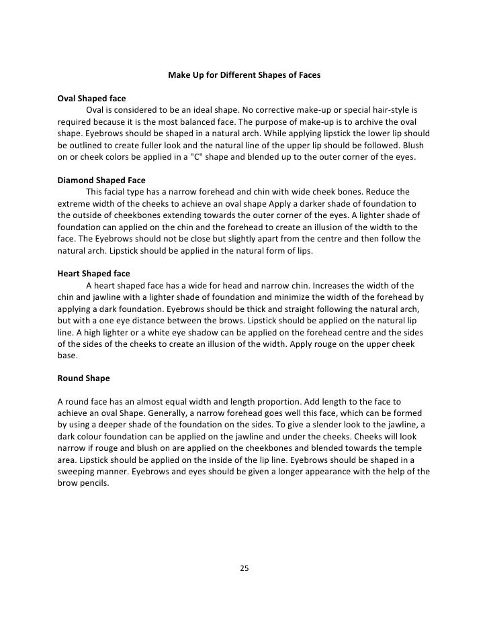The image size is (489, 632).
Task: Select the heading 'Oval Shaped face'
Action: coord(91,99)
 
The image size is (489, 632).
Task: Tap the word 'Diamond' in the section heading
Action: coord(77,180)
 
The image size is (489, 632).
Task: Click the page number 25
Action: coord(244,569)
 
